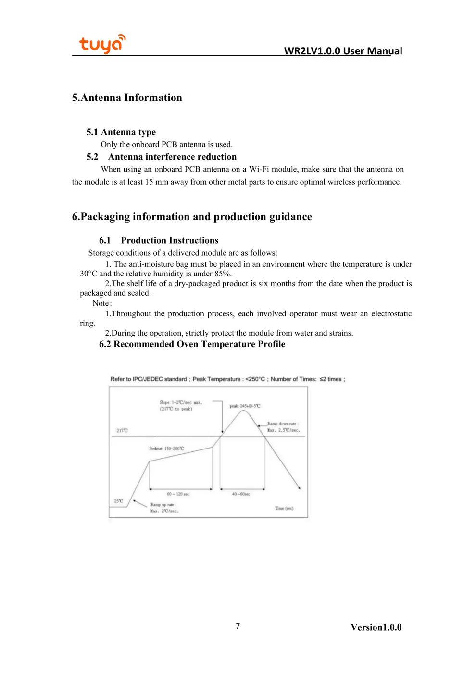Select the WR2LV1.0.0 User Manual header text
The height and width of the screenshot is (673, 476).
coord(343,51)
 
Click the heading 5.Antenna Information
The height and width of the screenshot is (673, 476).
coord(127,98)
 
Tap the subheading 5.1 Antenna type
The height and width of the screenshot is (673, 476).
coord(121,132)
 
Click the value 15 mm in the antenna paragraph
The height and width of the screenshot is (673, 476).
coord(156,182)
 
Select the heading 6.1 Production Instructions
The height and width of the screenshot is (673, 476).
coord(159,240)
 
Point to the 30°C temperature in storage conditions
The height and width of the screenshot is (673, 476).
coord(88,274)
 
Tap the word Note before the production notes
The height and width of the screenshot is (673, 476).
coord(101,303)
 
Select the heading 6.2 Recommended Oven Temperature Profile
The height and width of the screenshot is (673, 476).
coord(192,344)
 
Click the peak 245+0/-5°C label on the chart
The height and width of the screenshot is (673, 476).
coord(245,406)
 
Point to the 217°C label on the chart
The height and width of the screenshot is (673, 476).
coord(122,431)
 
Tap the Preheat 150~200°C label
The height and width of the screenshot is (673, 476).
coord(166,449)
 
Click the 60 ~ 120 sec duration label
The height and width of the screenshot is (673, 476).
coord(178,494)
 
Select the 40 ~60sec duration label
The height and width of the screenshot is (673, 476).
coord(241,494)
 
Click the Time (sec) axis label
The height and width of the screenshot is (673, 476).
coord(284,508)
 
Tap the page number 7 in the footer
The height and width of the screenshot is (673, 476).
coord(238,626)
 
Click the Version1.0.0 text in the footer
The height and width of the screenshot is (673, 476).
coord(376,627)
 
